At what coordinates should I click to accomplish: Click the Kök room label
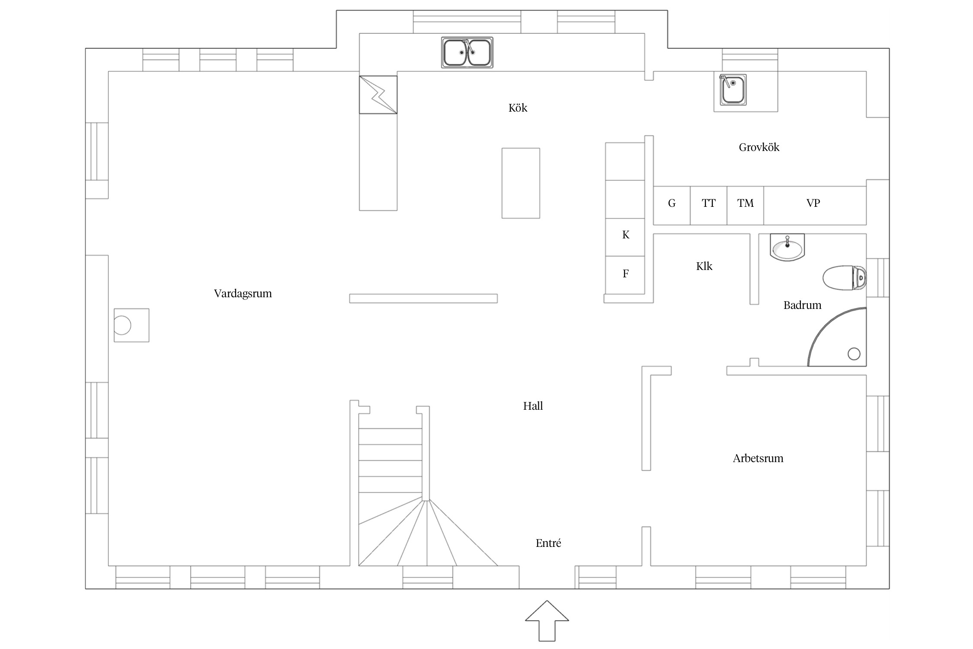point(518,108)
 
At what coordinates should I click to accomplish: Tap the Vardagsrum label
point(243,294)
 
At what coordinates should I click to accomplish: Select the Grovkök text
point(759,147)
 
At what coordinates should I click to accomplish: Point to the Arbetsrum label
point(758,458)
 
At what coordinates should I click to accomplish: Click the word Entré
point(548,543)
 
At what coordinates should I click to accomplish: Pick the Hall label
point(533,406)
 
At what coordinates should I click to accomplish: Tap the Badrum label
point(802,305)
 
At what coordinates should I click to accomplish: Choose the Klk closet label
point(704,266)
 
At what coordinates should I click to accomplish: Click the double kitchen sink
point(467,52)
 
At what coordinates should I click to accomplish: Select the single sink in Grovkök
point(733,90)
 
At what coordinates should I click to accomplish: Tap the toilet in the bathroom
point(845,278)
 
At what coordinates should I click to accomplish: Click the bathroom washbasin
point(787,247)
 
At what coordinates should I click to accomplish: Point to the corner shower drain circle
point(854,354)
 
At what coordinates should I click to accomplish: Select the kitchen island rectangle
point(521,183)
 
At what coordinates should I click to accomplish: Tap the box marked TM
point(745,206)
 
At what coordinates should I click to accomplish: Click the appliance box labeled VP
point(815,206)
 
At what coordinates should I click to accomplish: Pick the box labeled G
point(672,206)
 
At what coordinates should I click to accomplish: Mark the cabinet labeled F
point(625,275)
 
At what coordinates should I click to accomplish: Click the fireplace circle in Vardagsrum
point(122,325)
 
